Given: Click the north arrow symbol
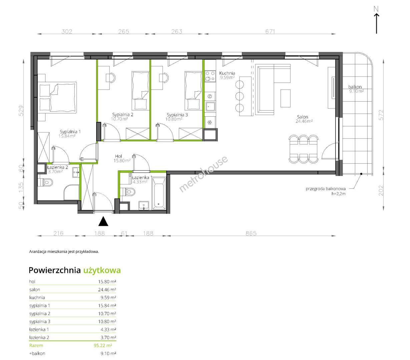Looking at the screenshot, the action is pos(376,23).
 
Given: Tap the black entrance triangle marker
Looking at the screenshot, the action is pos(103,221).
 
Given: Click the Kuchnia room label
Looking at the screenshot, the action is pos(227,73).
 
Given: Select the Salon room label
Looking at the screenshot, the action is pos(303,117).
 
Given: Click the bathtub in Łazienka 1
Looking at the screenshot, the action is pos(159,194).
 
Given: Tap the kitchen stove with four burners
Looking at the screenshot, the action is pos(210,76).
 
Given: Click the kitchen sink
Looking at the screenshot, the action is pos(210,107).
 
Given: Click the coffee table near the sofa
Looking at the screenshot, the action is pos(285,98).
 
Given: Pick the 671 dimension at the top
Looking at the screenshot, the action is pos(270,32).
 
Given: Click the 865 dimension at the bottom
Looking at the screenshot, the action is pos(251,233).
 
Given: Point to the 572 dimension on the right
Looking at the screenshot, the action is pos(381,115).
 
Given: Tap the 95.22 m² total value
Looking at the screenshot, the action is pos(103,345).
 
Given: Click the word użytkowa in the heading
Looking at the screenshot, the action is pos(102,271).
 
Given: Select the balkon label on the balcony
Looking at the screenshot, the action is pos(355,87).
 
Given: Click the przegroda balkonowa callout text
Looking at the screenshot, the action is pos(326,189).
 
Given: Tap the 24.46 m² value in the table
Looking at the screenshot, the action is pos(107,290).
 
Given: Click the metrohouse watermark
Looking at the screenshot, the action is pos(203,174).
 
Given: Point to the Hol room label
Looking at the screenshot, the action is pos(118,156).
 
